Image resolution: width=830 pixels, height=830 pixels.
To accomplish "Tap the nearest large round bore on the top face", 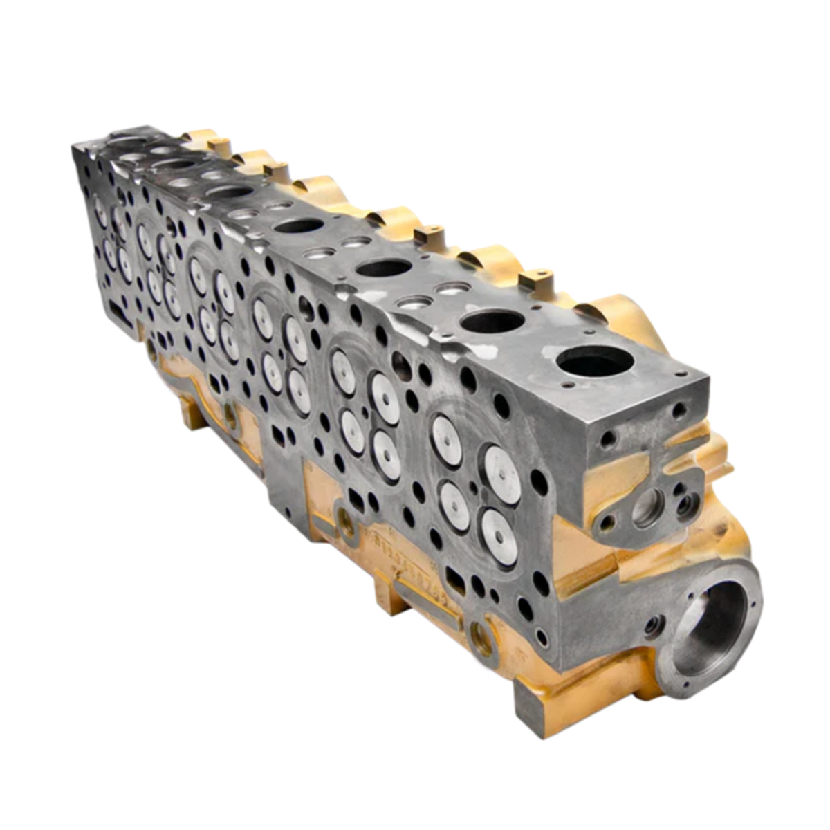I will click(595, 360).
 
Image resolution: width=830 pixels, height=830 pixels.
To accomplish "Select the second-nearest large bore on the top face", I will click(492, 321).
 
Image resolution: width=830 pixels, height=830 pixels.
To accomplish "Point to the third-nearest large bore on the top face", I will click(385, 268).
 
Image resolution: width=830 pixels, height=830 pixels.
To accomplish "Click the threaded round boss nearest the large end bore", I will click(482, 639).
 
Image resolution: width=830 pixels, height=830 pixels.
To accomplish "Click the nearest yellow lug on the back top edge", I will click(536, 280).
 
